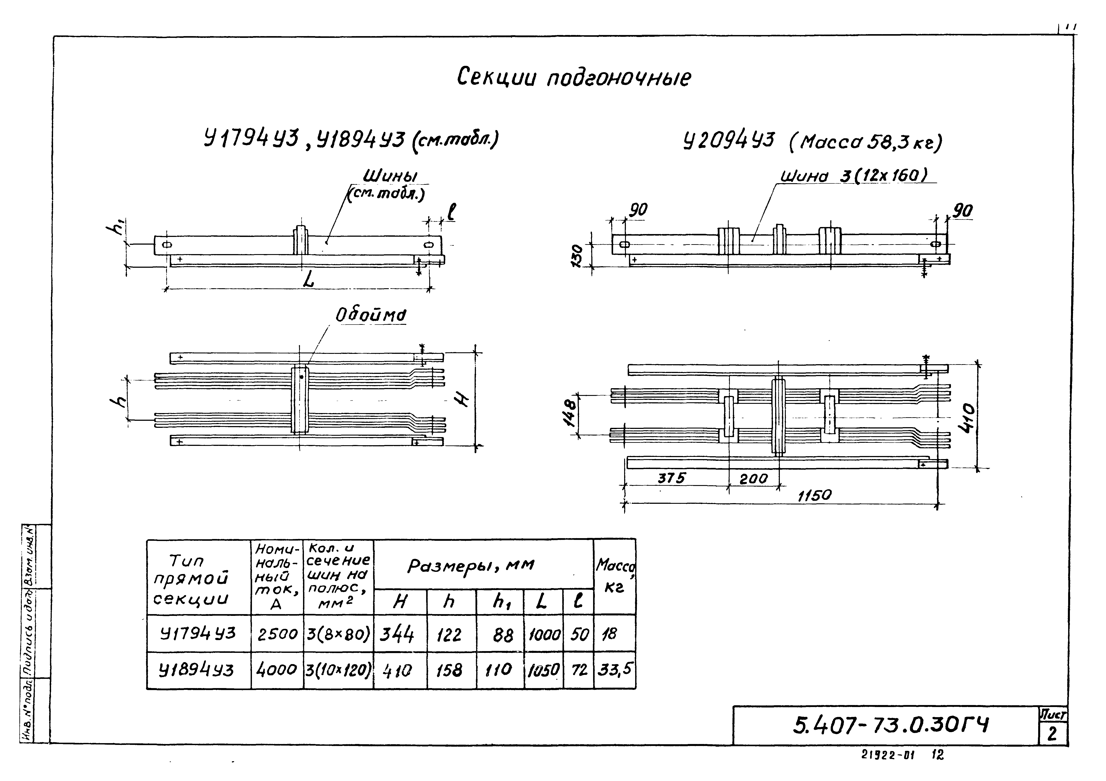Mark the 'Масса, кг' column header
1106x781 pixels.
[614, 575]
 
